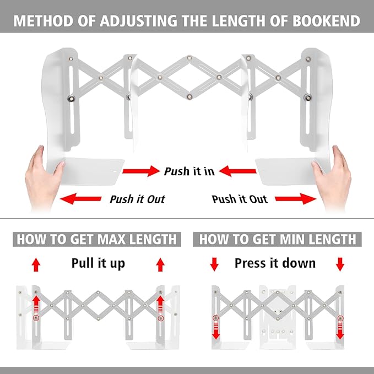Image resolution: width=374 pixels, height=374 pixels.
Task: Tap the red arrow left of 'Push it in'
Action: pyautogui.click(x=140, y=172)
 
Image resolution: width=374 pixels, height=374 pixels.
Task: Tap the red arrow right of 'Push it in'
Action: pyautogui.click(x=239, y=172)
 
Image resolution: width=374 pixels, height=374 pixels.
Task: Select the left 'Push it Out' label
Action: pyautogui.click(x=137, y=199)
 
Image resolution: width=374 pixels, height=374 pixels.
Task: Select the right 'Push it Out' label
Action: pyautogui.click(x=240, y=199)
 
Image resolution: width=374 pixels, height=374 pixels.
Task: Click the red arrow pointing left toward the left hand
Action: pyautogui.click(x=80, y=199)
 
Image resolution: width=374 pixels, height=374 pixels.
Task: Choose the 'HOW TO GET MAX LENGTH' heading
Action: pyautogui.click(x=97, y=240)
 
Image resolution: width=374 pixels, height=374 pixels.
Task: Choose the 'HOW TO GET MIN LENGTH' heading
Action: pyautogui.click(x=278, y=240)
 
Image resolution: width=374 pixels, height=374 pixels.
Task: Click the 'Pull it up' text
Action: pyautogui.click(x=98, y=263)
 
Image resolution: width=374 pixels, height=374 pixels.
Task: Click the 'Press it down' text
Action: pyautogui.click(x=275, y=263)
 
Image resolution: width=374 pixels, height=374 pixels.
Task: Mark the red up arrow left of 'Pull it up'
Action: pyautogui.click(x=36, y=265)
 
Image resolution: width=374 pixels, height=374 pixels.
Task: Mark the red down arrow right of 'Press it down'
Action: pyautogui.click(x=340, y=265)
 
